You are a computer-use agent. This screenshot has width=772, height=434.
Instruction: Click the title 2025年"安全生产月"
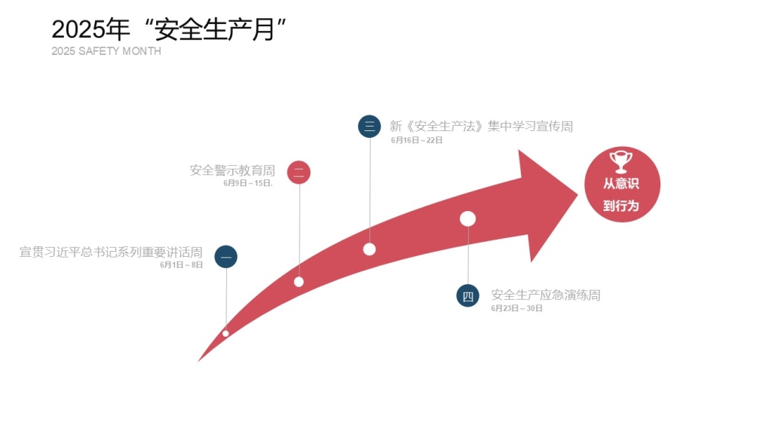(x=169, y=29)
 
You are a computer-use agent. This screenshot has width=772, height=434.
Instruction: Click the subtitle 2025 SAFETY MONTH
(x=106, y=51)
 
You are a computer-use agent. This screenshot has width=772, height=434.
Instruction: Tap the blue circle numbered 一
(x=226, y=257)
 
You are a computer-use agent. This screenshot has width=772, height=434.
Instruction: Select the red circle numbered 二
(x=299, y=173)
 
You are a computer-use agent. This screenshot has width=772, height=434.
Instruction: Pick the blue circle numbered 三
(x=369, y=126)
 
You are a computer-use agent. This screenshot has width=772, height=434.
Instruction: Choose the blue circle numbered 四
(x=467, y=295)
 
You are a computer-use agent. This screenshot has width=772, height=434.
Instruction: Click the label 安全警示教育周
(x=232, y=170)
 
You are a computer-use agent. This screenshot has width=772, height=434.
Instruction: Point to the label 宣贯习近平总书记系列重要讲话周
(x=111, y=252)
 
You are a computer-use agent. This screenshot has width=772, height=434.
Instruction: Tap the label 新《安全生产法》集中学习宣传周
(x=482, y=127)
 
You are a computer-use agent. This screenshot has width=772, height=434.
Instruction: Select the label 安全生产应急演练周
(x=546, y=295)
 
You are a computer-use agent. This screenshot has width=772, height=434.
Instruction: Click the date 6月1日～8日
(x=181, y=265)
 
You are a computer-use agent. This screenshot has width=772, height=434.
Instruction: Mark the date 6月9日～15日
(x=247, y=183)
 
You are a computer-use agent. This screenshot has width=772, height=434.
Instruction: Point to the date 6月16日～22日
(x=416, y=140)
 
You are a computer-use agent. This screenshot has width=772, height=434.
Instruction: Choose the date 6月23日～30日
(x=516, y=308)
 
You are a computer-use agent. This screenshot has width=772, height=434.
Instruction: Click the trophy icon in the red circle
(x=621, y=161)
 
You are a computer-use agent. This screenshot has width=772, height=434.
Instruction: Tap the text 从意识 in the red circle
(x=621, y=184)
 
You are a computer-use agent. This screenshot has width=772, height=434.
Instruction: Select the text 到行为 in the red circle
(x=621, y=206)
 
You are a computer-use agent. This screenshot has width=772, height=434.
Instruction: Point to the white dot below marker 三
(x=369, y=249)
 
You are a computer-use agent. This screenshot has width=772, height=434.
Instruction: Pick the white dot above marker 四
(x=467, y=219)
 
